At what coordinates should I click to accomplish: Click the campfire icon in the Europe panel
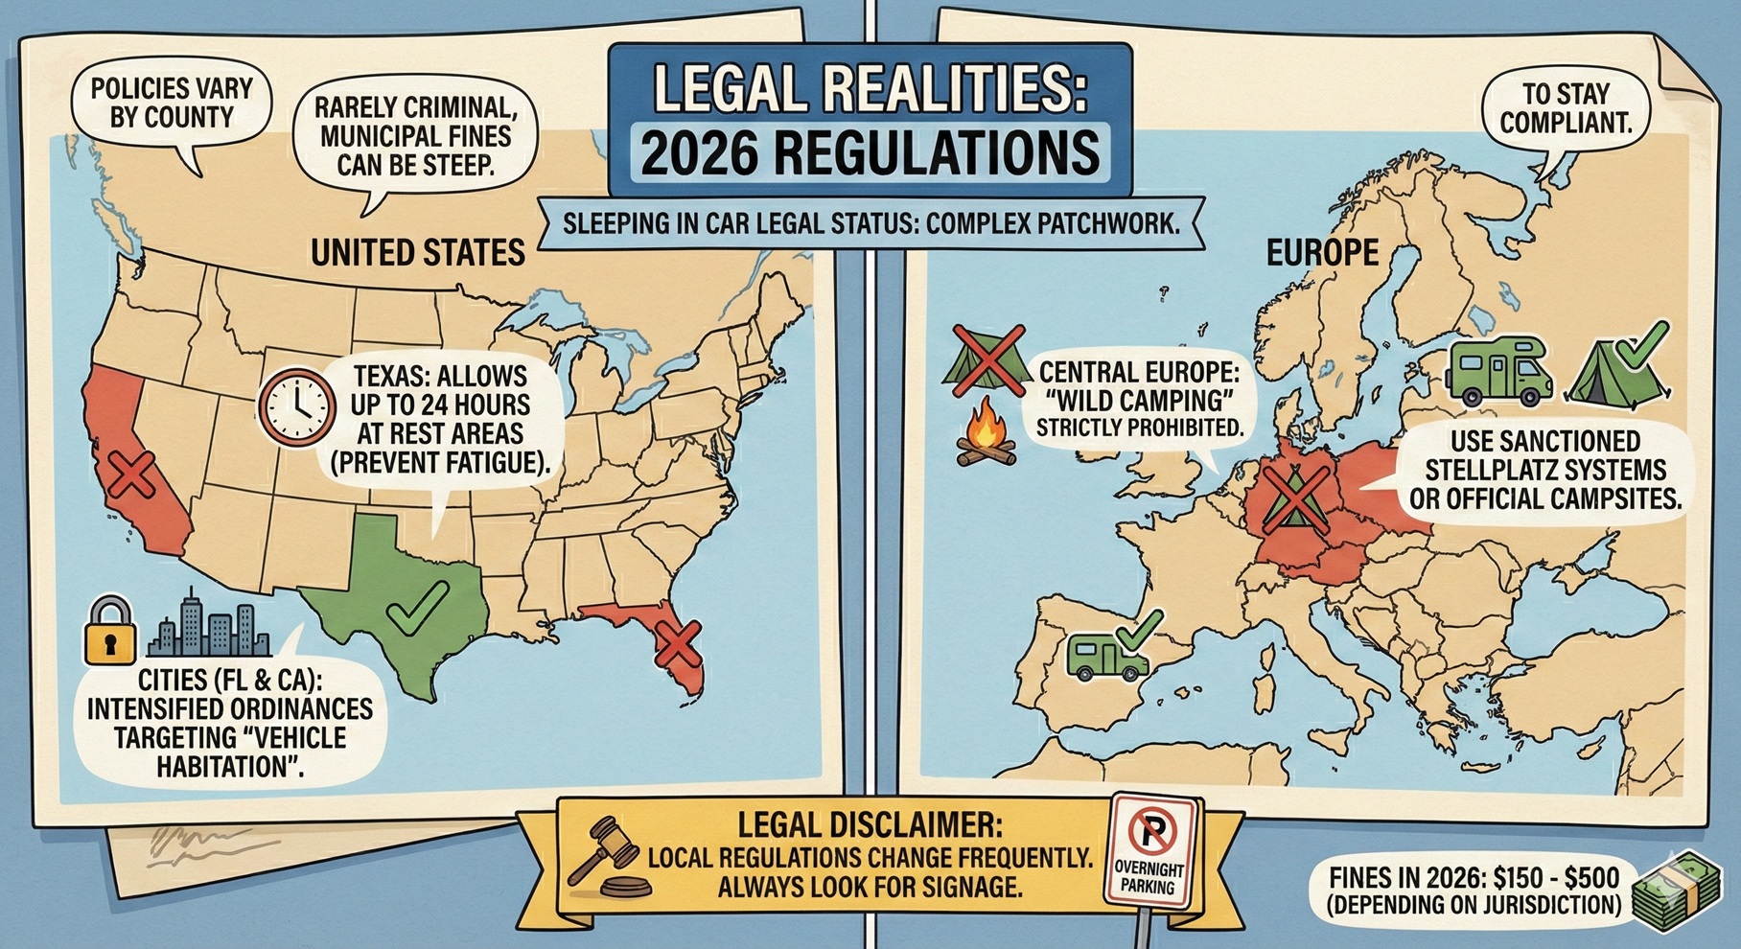987,437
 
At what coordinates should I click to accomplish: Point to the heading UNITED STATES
417,252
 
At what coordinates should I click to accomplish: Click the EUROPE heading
1322,252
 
